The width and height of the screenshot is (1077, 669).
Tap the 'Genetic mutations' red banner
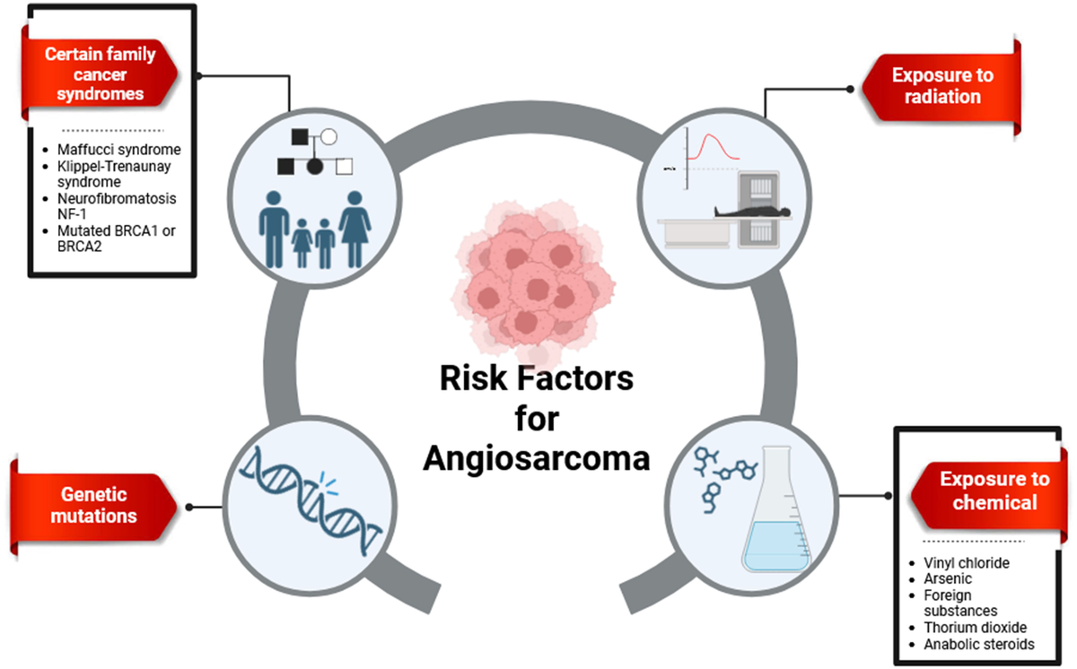pyautogui.click(x=94, y=505)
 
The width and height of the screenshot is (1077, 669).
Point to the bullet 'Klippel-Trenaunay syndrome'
pyautogui.click(x=112, y=173)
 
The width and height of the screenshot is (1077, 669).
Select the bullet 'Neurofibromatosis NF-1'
pyautogui.click(x=112, y=205)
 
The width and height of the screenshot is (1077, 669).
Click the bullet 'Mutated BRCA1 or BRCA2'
pyautogui.click(x=109, y=238)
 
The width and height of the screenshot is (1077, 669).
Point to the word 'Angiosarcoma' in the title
pyautogui.click(x=537, y=458)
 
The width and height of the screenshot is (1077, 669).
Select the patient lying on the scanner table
pyautogui.click(x=718, y=213)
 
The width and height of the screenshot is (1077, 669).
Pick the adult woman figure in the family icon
pyautogui.click(x=355, y=229)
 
